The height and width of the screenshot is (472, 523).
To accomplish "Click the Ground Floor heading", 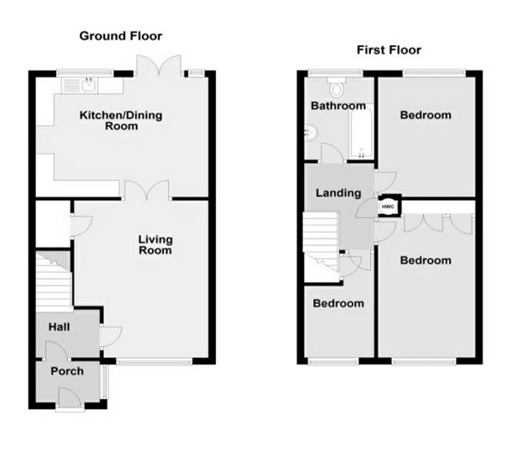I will click(x=120, y=36).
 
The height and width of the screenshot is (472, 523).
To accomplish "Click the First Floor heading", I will click(x=389, y=50).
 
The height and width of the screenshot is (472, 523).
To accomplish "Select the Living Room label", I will click(x=155, y=244).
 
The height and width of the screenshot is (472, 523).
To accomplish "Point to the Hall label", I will click(x=59, y=327).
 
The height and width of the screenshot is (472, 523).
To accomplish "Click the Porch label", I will click(x=67, y=370).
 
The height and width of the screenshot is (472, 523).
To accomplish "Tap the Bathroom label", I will click(x=337, y=107).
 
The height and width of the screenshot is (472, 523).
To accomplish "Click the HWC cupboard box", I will click(x=389, y=207).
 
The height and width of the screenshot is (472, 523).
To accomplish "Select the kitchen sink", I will click(x=81, y=84).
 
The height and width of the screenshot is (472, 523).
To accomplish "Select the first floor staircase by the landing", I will click(x=321, y=239).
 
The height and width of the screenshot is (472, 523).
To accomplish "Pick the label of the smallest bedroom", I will click(x=338, y=303).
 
